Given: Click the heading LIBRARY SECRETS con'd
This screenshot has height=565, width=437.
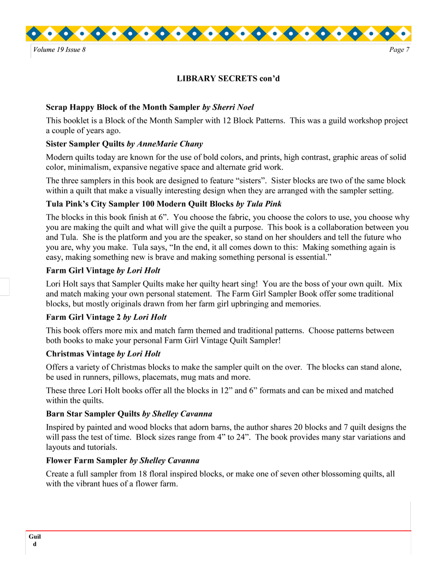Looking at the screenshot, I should pyautogui.click(x=228, y=79).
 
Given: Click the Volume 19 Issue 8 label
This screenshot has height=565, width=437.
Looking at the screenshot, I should pyautogui.click(x=60, y=50).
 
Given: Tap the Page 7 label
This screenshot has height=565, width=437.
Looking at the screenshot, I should pyautogui.click(x=399, y=50).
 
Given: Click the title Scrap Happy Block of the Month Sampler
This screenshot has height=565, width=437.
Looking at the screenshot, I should pyautogui.click(x=123, y=107).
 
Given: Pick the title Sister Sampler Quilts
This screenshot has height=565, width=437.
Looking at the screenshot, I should pyautogui.click(x=85, y=144).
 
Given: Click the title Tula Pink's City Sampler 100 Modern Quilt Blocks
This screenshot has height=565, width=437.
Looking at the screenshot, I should pyautogui.click(x=140, y=204).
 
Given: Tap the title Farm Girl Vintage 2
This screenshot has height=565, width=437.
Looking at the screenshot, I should pyautogui.click(x=83, y=317).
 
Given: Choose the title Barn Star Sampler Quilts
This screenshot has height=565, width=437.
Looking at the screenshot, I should pyautogui.click(x=93, y=413).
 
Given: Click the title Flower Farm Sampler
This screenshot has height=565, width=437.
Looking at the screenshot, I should pyautogui.click(x=87, y=461).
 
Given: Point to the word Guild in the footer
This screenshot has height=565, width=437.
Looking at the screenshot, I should pyautogui.click(x=35, y=540).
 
